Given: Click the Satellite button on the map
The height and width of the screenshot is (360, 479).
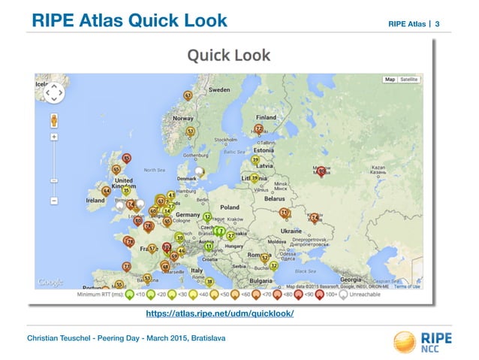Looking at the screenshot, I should coord(409,79).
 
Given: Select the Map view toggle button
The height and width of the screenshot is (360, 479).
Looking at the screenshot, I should coord(390,79).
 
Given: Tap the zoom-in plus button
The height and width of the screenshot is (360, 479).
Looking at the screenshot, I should coord(54,138).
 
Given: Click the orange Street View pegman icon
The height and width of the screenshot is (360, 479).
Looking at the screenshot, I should coord(54,119).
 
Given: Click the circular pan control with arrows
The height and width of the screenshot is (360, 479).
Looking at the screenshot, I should coord(54,93).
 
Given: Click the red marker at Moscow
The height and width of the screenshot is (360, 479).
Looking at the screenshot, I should coord(321,172).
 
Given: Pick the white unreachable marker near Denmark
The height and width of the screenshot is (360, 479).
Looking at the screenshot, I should coord(199,173).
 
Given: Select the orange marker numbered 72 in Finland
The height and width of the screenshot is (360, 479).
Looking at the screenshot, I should coord(258,129).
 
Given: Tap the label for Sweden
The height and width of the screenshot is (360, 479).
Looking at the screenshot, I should coord(218,89).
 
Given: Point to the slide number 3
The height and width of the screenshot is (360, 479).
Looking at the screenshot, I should coord(438,25).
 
